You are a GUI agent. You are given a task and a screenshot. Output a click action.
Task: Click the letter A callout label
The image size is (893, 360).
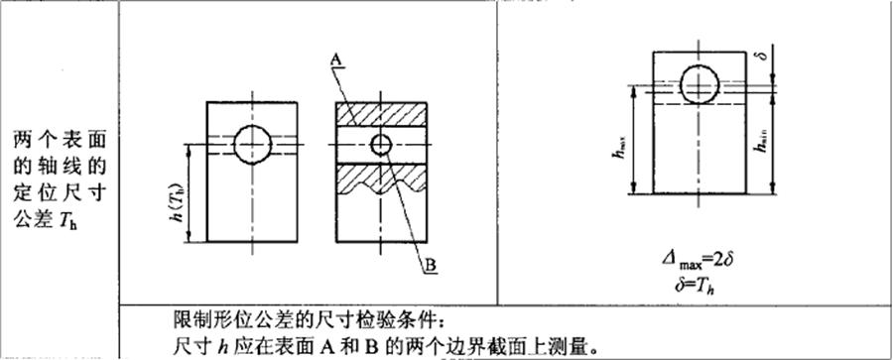[337, 60]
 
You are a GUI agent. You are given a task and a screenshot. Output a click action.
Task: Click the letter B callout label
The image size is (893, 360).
[433, 265]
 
